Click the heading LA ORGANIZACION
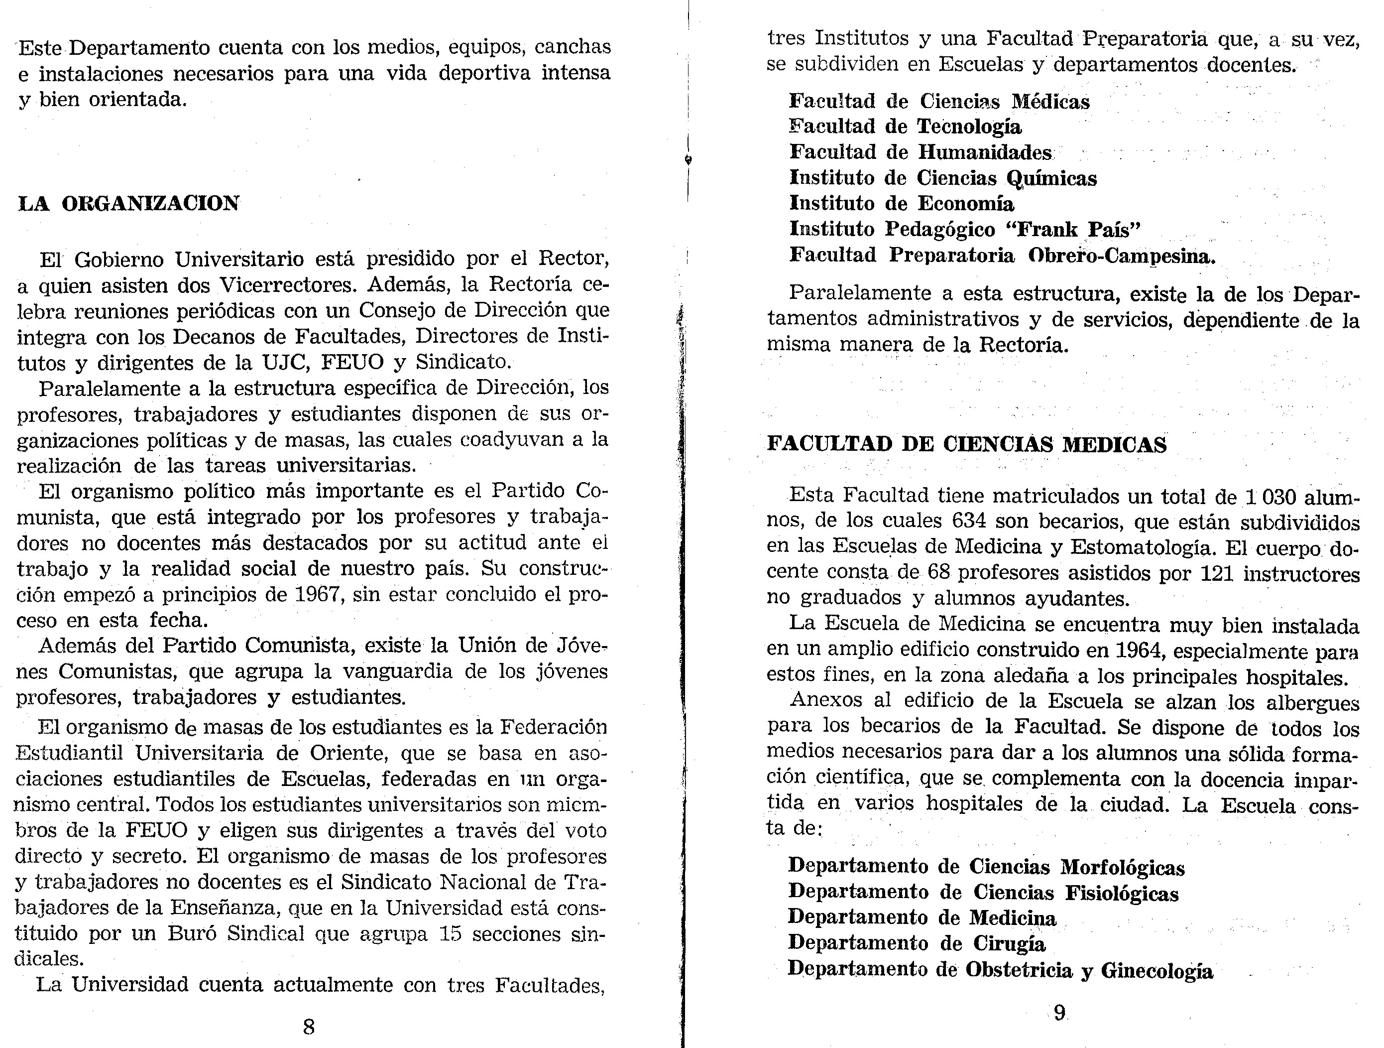coord(128,204)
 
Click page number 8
coord(309,1027)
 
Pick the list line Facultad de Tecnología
coord(905,127)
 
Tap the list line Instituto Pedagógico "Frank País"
coord(965,230)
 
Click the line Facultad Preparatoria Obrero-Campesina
coord(1002,256)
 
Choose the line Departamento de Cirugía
coord(916,943)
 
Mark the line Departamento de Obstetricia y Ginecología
coord(1000,969)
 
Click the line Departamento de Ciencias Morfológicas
coord(985,867)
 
